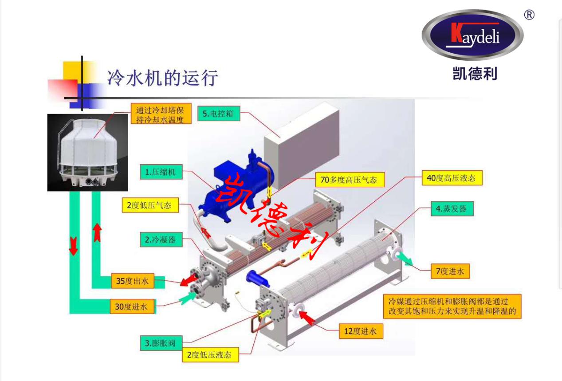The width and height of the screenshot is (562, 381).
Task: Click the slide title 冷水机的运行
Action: [162, 78]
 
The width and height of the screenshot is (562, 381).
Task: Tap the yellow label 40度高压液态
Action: [451, 178]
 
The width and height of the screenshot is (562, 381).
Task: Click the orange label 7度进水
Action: [449, 271]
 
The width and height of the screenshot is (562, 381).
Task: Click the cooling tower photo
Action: [87, 152]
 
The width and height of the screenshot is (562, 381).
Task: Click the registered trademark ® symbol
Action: [529, 15]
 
